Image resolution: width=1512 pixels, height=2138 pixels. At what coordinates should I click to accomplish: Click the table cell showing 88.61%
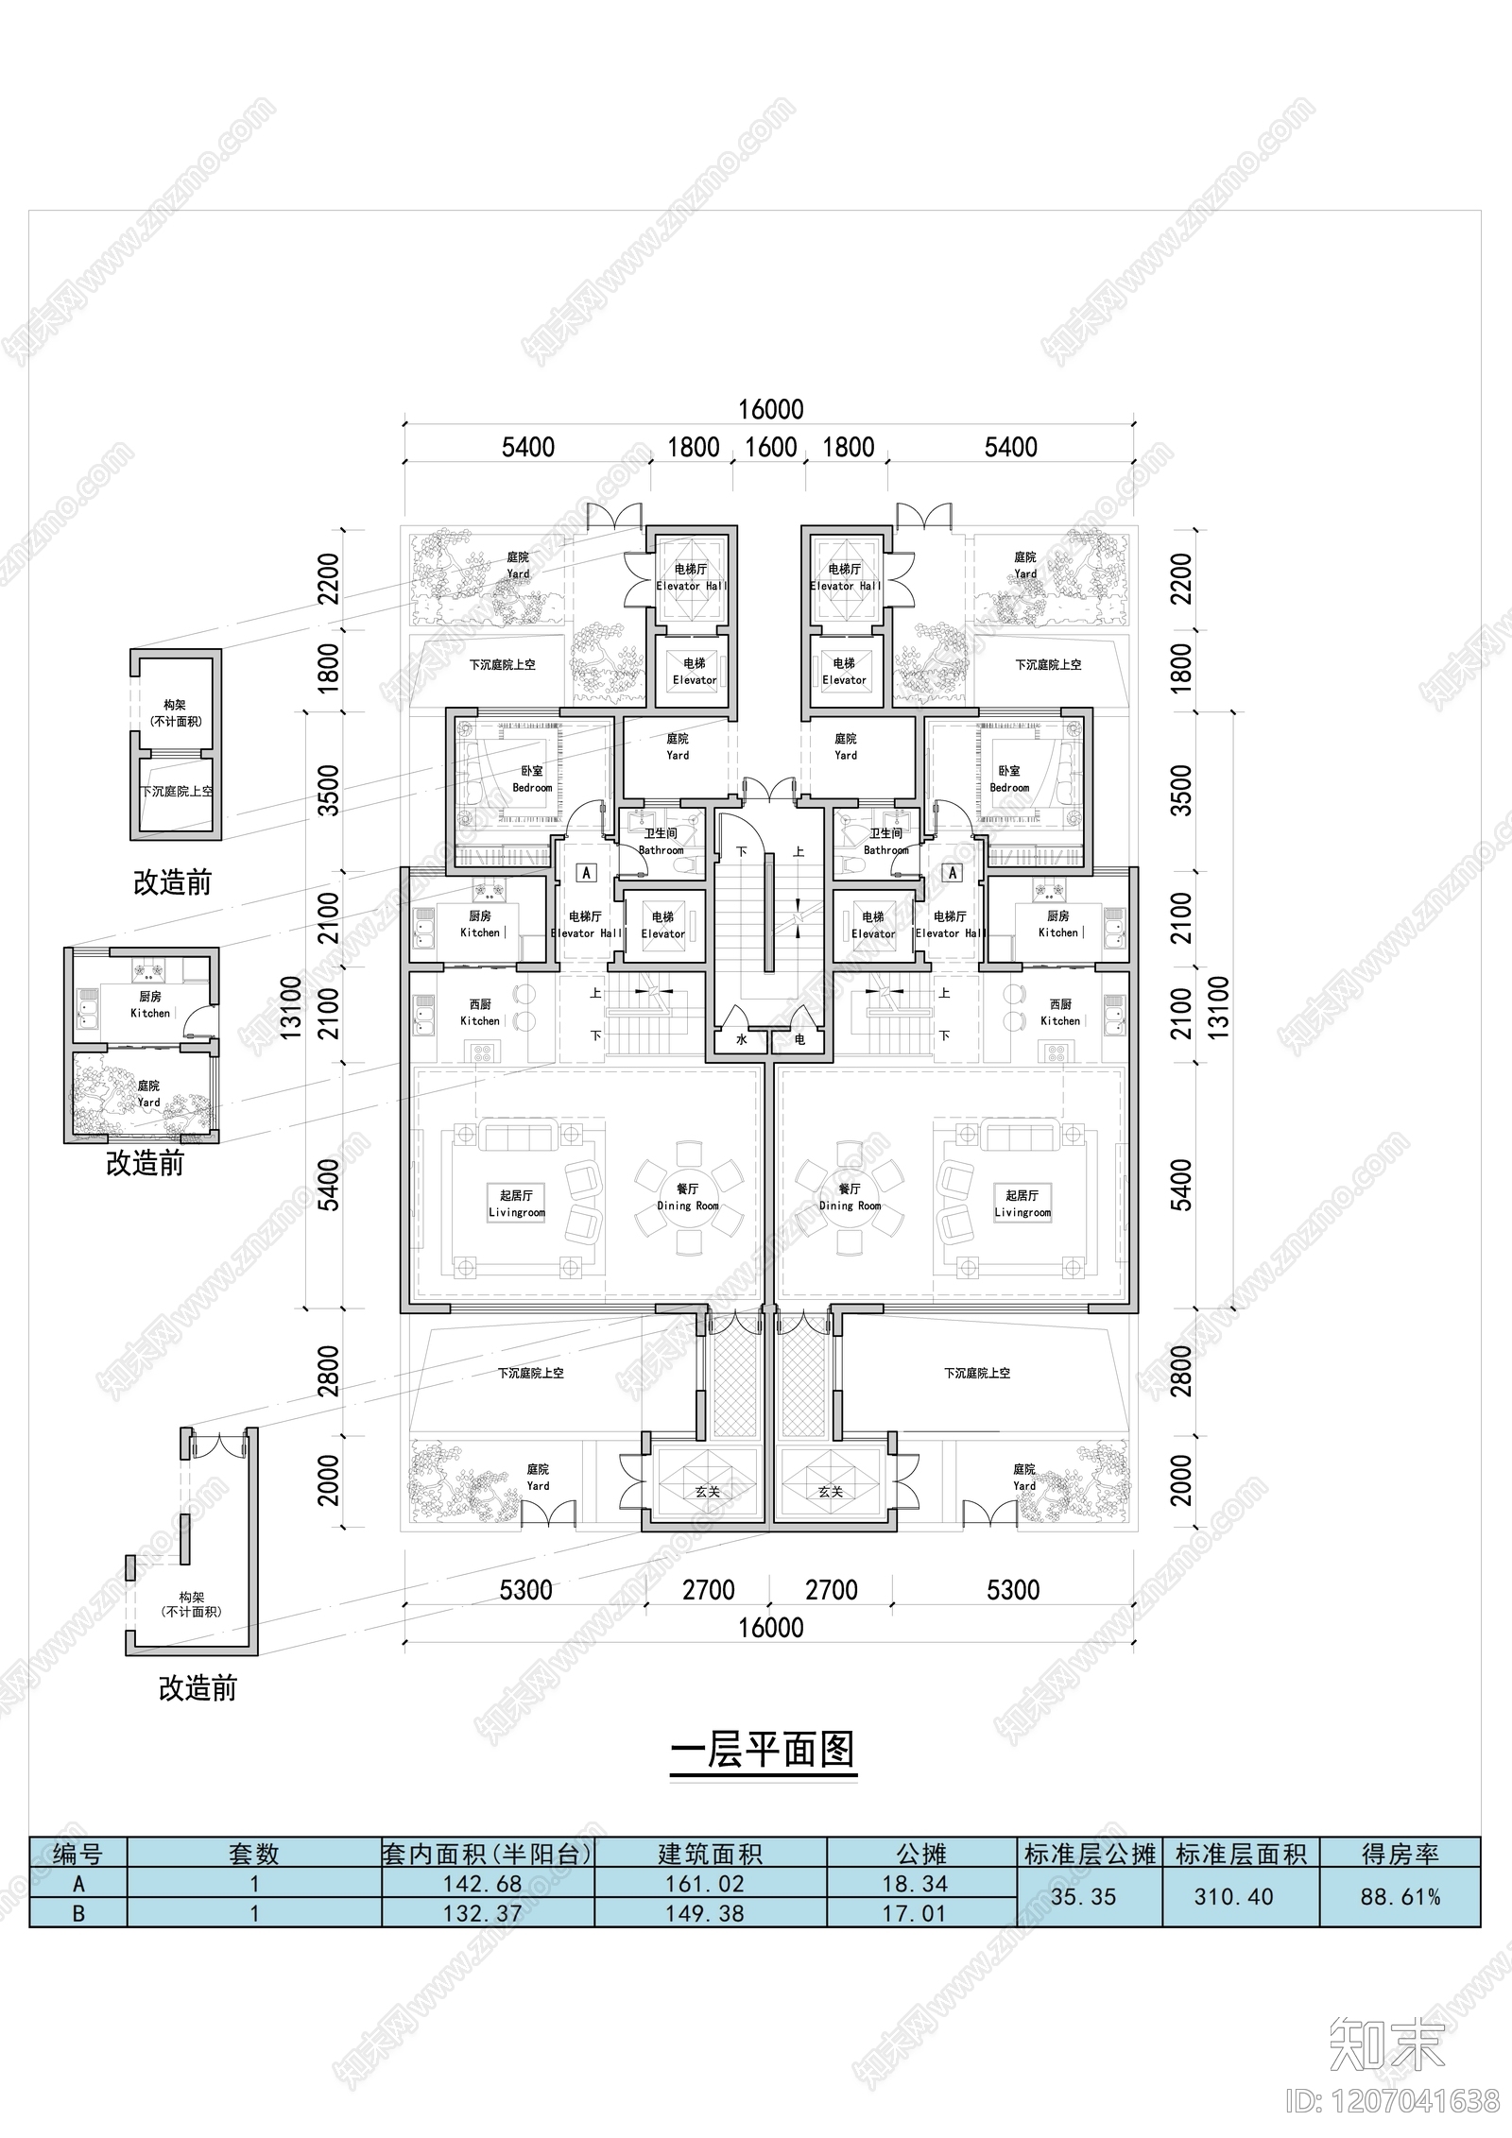pyautogui.click(x=1400, y=1897)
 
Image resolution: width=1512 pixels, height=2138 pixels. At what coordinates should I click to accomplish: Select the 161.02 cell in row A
pyautogui.click(x=710, y=1884)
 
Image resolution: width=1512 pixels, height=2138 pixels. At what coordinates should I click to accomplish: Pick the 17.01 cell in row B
pyautogui.click(x=915, y=1913)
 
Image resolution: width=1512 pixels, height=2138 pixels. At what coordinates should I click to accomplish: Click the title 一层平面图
pyautogui.click(x=763, y=1751)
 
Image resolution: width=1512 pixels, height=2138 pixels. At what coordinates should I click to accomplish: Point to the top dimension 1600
pyautogui.click(x=771, y=447)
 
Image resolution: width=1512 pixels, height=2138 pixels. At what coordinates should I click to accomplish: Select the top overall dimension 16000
pyautogui.click(x=771, y=409)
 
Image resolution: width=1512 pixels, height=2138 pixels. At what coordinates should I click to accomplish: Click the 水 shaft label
pyautogui.click(x=742, y=1039)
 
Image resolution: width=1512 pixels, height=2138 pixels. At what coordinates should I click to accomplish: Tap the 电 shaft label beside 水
pyautogui.click(x=799, y=1039)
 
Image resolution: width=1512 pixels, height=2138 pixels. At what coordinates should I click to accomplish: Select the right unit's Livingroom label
pyautogui.click(x=1022, y=1204)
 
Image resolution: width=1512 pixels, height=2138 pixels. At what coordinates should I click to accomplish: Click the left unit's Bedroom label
pyautogui.click(x=532, y=779)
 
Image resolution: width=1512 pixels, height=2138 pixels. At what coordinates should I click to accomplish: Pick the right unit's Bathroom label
pyautogui.click(x=886, y=842)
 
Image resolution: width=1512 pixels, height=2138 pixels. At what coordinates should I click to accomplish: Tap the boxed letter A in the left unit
pyautogui.click(x=587, y=873)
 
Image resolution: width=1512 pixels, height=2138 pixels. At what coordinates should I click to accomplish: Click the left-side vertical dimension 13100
pyautogui.click(x=291, y=1009)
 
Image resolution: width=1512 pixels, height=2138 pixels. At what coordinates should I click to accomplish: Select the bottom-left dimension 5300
pyautogui.click(x=525, y=1590)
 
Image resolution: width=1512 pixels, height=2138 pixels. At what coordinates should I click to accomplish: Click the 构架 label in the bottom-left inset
pyautogui.click(x=192, y=1597)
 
